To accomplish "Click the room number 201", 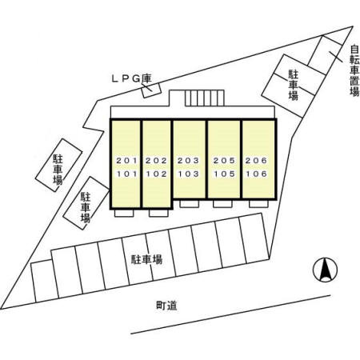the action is [126, 161].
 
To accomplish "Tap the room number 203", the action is [188, 161].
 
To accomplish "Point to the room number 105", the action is [224, 174].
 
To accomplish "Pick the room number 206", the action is [256, 161].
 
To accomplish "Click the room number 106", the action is [256, 174].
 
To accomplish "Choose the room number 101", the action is [126, 174].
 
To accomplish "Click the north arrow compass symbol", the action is [325, 270].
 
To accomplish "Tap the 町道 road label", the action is [166, 306].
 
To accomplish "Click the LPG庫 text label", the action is [131, 78].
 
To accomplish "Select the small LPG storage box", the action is [151, 90].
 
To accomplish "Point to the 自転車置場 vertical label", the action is [354, 70].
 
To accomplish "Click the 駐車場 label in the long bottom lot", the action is [146, 259].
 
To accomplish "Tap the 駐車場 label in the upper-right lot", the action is [294, 85].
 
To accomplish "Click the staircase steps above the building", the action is [205, 98].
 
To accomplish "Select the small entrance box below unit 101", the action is [124, 213].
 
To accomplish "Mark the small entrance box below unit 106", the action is [258, 204].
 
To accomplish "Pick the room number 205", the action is [224, 161].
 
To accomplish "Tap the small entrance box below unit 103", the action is [190, 204].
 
